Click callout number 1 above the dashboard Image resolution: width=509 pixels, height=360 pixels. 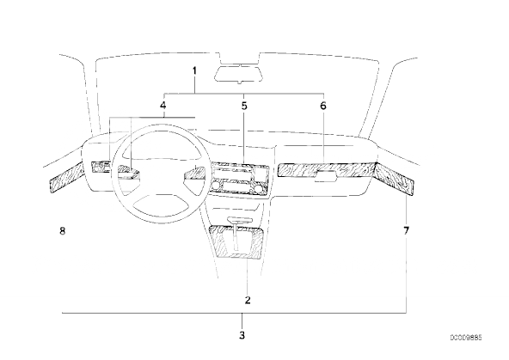194,70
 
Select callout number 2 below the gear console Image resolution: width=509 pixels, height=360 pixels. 248,300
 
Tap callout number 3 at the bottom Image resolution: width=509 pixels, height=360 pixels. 242,335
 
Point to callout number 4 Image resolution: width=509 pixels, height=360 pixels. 163,106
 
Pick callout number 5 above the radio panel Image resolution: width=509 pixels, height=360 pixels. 244,106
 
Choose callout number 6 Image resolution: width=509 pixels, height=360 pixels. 323,106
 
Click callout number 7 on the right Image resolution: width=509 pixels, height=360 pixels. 407,230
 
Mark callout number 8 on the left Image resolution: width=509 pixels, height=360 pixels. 62,230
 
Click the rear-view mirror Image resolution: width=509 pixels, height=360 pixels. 239,73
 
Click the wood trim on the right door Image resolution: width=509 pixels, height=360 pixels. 395,179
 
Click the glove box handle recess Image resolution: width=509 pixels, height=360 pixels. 326,176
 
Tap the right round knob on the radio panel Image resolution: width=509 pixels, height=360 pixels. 259,188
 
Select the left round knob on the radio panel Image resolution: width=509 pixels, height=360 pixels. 215,186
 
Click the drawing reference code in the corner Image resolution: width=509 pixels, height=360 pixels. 466,338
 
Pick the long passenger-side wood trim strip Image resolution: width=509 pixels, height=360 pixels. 326,171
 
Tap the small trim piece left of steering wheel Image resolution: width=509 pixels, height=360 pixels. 101,167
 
